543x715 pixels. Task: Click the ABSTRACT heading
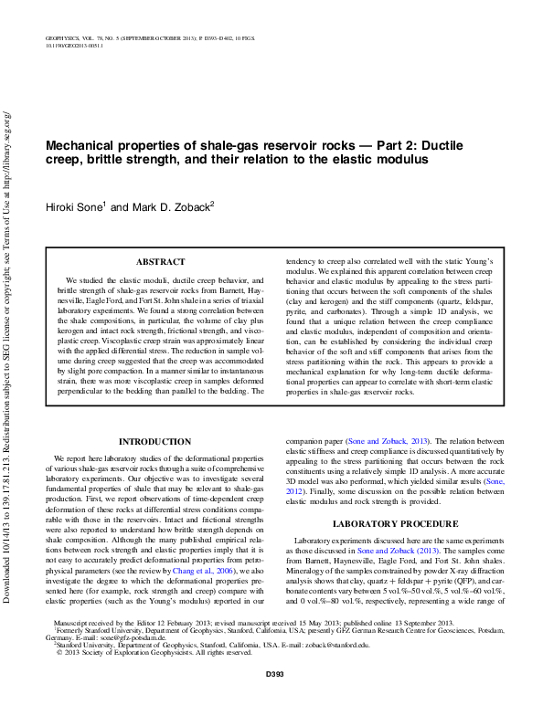160,262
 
